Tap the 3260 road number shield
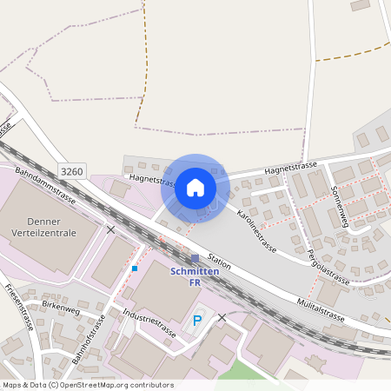72,171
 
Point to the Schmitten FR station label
195,277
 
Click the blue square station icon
195,258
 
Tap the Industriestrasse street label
149,321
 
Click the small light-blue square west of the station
134,268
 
